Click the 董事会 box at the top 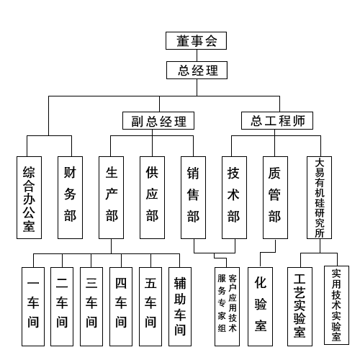(196, 40)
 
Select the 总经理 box (197, 70)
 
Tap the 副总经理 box (158, 120)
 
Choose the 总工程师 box (277, 120)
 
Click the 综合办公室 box (29, 197)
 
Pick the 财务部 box (70, 197)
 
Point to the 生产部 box (111, 197)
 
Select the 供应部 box (152, 197)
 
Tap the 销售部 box (193, 197)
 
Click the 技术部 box (234, 197)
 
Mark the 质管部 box (275, 197)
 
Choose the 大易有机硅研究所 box (319, 197)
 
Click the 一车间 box (33, 307)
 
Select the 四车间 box (121, 307)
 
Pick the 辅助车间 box (180, 307)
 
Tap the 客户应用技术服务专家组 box (227, 307)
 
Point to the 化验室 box (260, 307)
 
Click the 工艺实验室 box (300, 307)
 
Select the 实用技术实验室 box (336, 305)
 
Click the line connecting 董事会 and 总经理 (197, 55)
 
